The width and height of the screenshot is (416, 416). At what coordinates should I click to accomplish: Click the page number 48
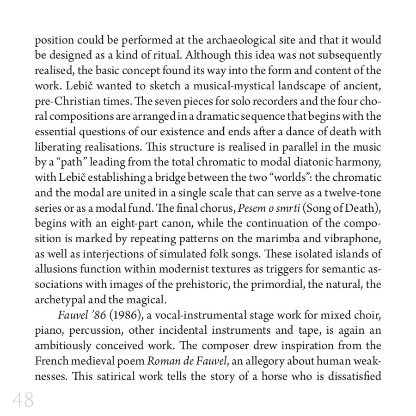[23, 400]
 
